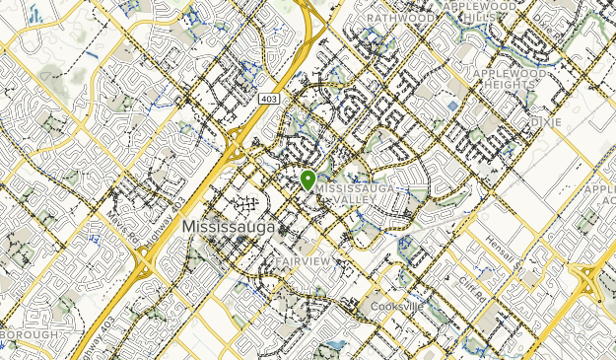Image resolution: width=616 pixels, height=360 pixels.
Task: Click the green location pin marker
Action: (x=308, y=180)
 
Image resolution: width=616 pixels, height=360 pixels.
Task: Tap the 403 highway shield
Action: (x=269, y=100)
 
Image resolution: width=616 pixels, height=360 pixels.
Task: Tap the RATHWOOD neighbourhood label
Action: (x=400, y=17)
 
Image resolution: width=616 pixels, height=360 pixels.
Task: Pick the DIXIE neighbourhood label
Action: (x=544, y=121)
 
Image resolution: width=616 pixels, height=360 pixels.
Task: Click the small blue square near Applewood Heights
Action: (x=452, y=106)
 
